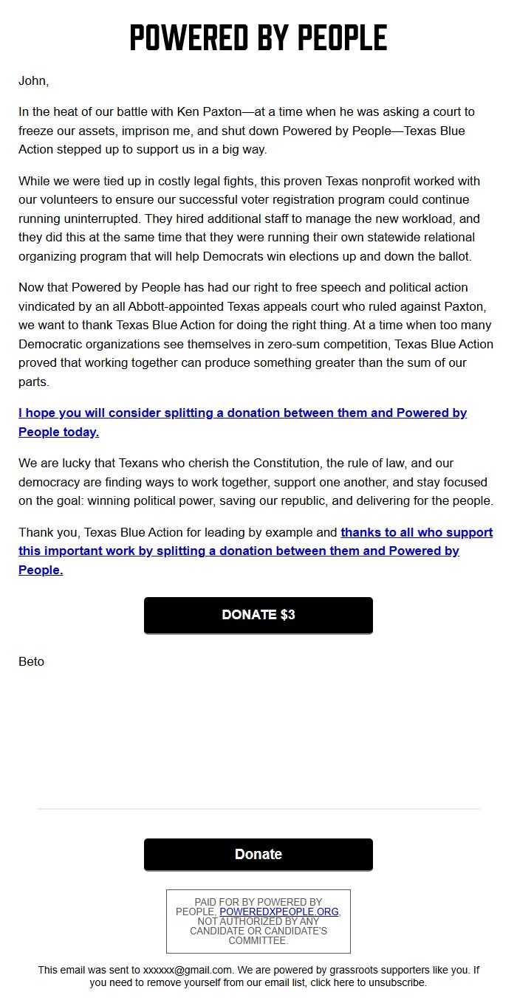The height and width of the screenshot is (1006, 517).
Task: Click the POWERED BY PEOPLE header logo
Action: pyautogui.click(x=258, y=38)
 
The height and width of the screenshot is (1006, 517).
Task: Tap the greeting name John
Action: pyautogui.click(x=32, y=81)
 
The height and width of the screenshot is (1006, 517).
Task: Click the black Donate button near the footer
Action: pyautogui.click(x=258, y=854)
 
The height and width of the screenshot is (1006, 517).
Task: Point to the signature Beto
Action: pyautogui.click(x=31, y=661)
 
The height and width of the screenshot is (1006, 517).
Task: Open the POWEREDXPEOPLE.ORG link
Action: pyautogui.click(x=279, y=912)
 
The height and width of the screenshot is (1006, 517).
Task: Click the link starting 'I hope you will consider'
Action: pyautogui.click(x=242, y=413)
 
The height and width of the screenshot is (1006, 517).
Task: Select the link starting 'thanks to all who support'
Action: pyautogui.click(x=417, y=532)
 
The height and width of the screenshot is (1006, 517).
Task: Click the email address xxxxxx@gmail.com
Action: pyautogui.click(x=188, y=970)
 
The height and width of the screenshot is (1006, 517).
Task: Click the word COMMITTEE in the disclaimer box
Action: pyautogui.click(x=258, y=940)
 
